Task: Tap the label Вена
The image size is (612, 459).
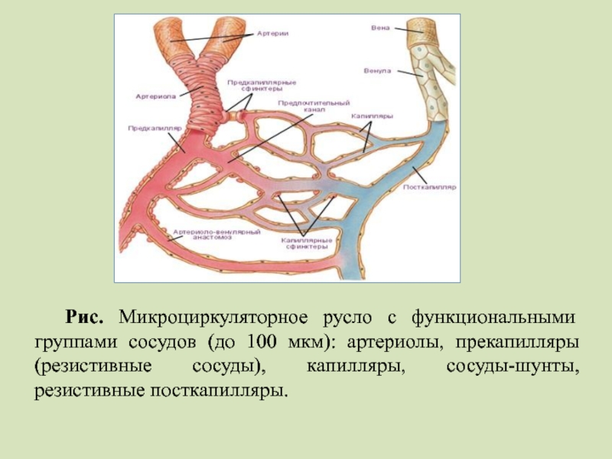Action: click(x=380, y=28)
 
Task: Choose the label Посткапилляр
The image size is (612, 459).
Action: click(x=429, y=186)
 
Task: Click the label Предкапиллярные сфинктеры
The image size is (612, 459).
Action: click(x=261, y=85)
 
